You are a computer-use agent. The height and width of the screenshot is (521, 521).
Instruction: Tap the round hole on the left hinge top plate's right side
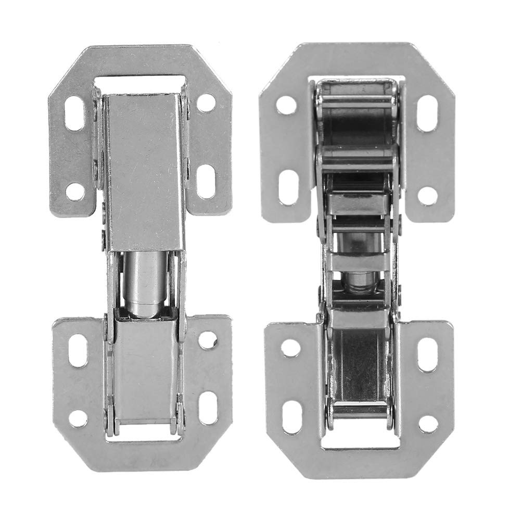click(206, 103)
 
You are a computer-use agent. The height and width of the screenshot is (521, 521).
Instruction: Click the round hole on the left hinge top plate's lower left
click(75, 192)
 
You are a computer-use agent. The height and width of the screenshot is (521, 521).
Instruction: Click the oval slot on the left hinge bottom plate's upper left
click(79, 350)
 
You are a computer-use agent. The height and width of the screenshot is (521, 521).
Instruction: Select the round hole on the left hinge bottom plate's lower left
click(78, 418)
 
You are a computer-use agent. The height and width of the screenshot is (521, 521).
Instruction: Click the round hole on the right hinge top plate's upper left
click(286, 105)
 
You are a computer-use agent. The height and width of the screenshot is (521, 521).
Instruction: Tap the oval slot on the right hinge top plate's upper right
click(426, 113)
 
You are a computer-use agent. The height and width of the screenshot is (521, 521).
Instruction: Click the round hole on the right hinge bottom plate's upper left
click(290, 347)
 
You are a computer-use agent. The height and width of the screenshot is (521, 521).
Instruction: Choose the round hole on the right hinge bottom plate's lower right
click(428, 424)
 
